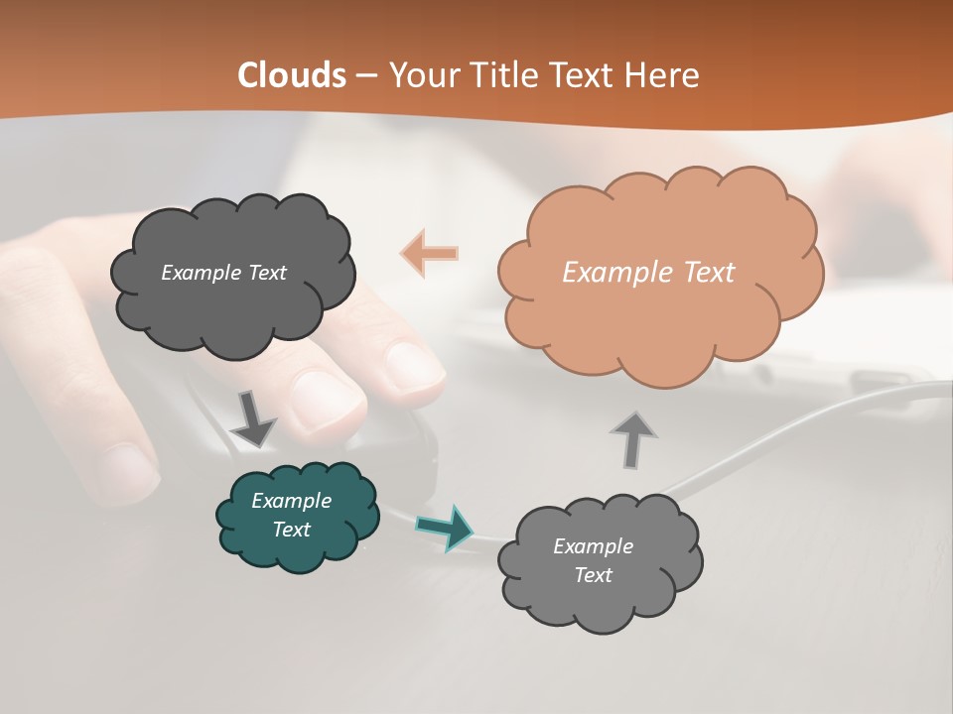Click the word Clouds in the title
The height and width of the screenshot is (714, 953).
(292, 75)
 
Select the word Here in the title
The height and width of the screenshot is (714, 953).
(665, 75)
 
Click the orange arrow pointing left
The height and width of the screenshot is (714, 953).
(430, 253)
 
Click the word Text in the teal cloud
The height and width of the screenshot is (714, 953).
(292, 530)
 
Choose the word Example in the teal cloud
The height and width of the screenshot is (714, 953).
(292, 501)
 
